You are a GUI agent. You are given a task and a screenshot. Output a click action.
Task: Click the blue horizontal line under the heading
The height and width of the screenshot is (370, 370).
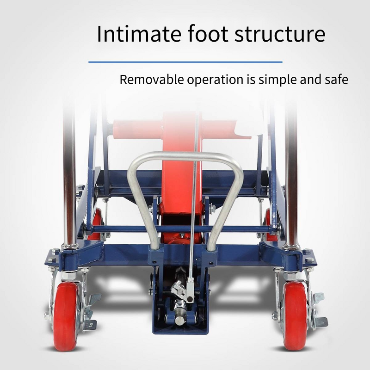point(185,62)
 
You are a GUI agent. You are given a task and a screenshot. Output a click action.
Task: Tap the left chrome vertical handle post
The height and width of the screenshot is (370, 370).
point(69,185)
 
